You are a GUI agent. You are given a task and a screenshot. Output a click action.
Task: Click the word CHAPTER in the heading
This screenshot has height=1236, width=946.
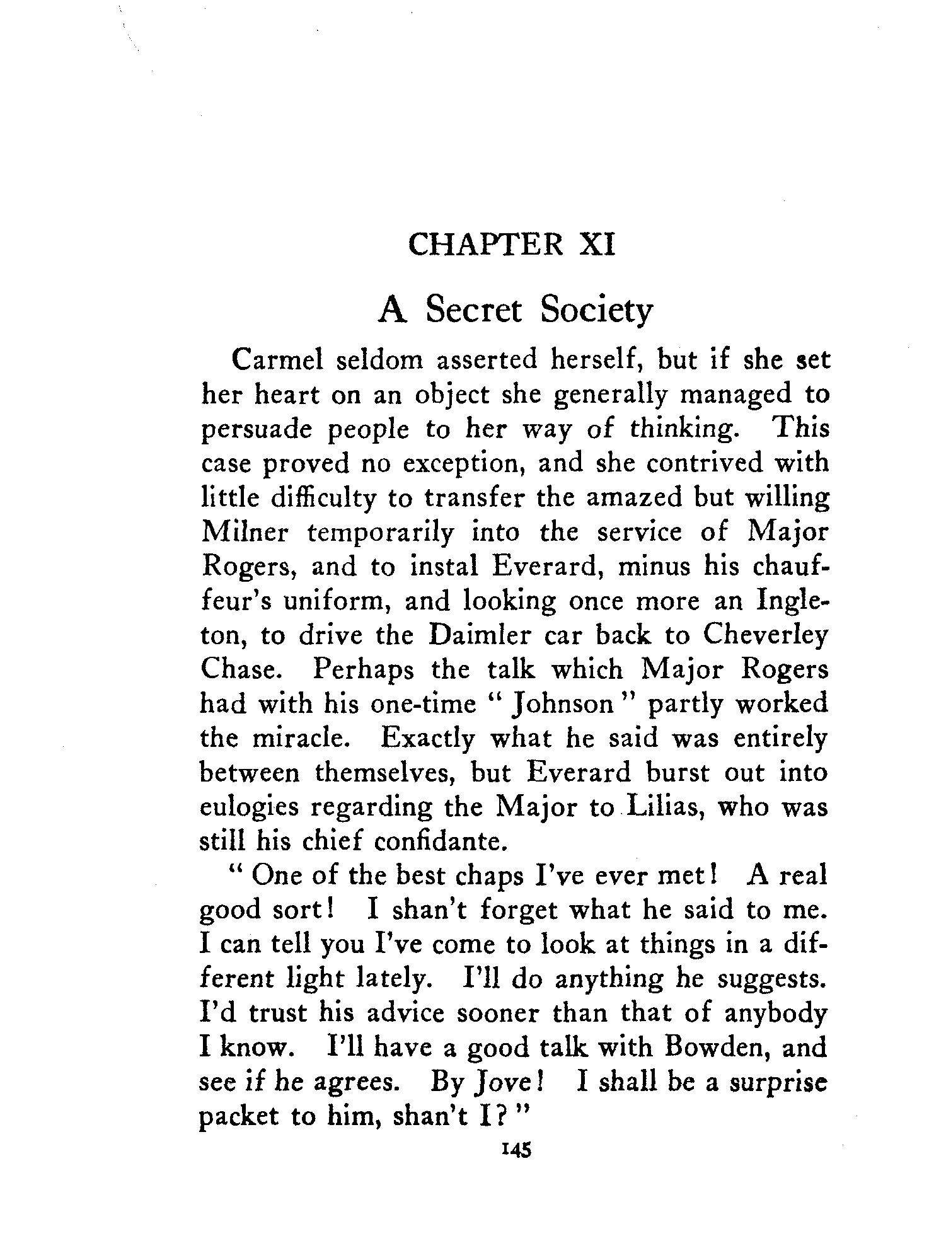485,244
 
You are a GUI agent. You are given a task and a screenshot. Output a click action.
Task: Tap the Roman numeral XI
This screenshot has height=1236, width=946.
596,244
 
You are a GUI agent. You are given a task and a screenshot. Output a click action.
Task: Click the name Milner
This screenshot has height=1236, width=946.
245,533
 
